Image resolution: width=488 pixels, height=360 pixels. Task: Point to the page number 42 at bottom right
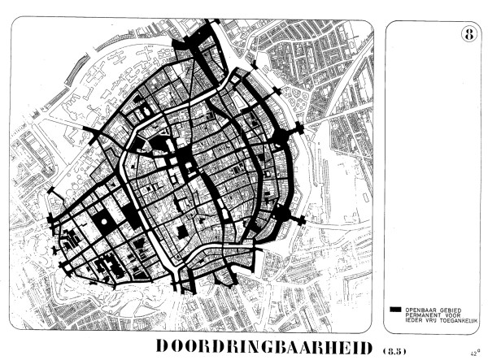tap(472, 353)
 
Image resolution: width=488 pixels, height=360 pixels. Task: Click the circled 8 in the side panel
tap(468, 34)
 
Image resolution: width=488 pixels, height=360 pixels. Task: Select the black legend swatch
tap(396, 310)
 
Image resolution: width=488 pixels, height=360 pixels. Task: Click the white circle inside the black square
tap(104, 222)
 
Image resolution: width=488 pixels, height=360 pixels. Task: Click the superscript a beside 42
tap(477, 350)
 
